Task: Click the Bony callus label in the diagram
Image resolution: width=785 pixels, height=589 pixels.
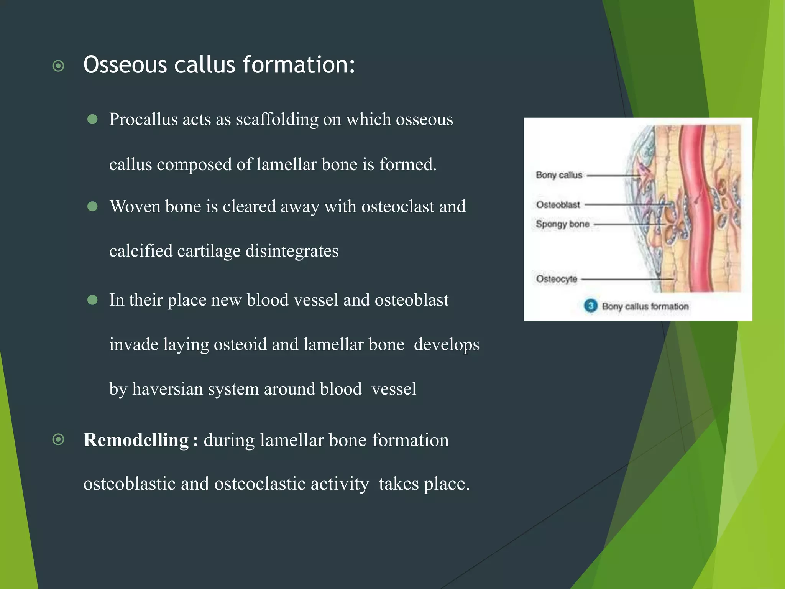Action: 559,175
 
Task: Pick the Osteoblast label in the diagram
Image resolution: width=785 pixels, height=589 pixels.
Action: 558,205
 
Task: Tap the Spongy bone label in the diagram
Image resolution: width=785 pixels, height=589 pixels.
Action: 562,224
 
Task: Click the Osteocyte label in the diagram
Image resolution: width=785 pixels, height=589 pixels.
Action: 557,279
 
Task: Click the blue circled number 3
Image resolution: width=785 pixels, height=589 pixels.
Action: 591,306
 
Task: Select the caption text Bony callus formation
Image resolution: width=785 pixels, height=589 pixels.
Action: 645,306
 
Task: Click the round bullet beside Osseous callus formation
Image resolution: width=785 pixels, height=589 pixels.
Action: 58,66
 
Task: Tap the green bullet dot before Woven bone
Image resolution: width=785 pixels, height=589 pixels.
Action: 92,207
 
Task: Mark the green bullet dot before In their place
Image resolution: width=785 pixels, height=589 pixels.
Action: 92,299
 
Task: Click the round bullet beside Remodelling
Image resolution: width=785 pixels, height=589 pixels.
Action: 58,439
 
